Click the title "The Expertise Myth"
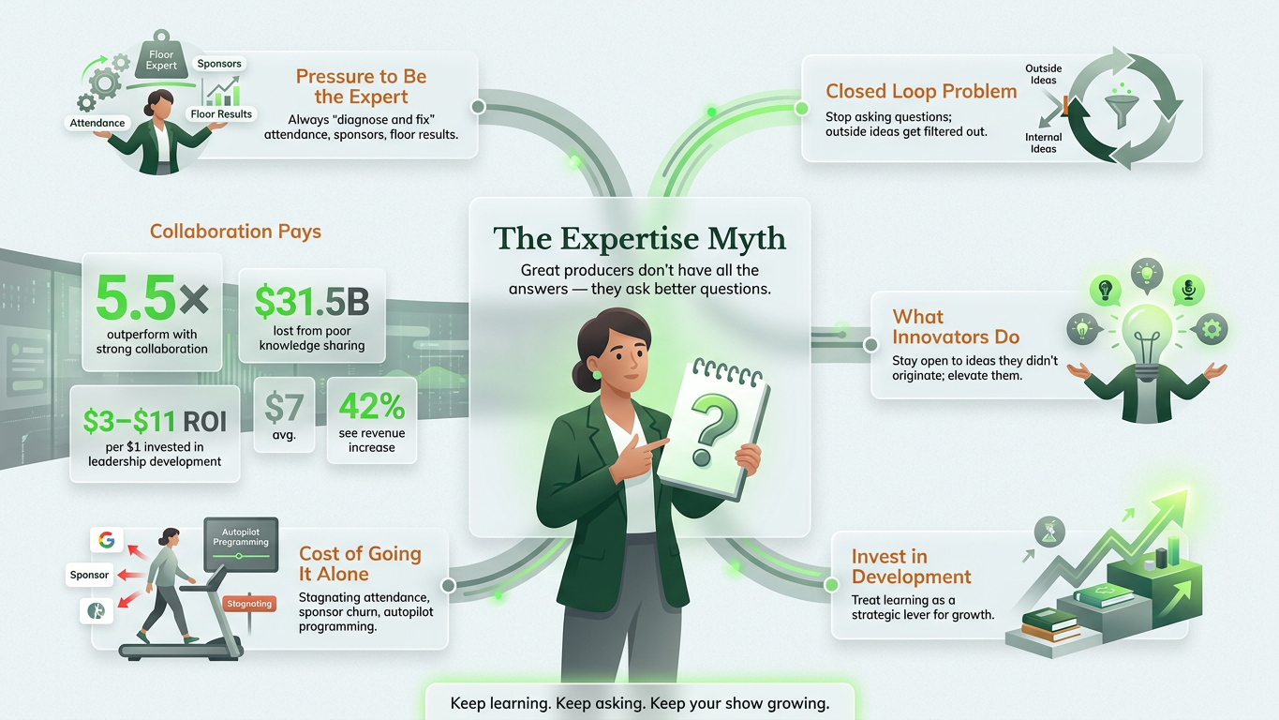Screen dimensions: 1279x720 pyautogui.click(x=639, y=238)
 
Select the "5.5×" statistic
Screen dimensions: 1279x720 pyautogui.click(x=152, y=298)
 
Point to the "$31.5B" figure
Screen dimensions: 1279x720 pyautogui.click(x=312, y=301)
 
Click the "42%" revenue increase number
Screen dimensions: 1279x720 pyautogui.click(x=372, y=406)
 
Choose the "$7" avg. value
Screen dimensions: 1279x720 pyautogui.click(x=284, y=408)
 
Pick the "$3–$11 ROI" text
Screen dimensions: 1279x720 pyautogui.click(x=155, y=421)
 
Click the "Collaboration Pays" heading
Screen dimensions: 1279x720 pyautogui.click(x=235, y=232)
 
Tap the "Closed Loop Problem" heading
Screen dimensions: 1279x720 pyautogui.click(x=921, y=92)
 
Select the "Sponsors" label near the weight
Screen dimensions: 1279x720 pyautogui.click(x=219, y=64)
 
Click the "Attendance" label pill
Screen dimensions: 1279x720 pyautogui.click(x=97, y=123)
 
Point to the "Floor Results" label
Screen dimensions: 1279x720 pyautogui.click(x=221, y=114)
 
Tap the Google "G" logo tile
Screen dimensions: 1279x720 pyautogui.click(x=107, y=540)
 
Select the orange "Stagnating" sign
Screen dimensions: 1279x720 pyautogui.click(x=249, y=604)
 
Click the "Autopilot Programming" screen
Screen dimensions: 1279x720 pyautogui.click(x=241, y=545)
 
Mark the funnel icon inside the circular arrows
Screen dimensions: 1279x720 pyautogui.click(x=1122, y=108)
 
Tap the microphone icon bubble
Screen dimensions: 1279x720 pyautogui.click(x=1189, y=291)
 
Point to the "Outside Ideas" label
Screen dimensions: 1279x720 pyautogui.click(x=1043, y=74)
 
